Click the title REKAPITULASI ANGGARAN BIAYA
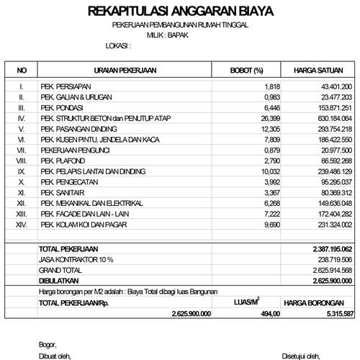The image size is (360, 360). (x=180, y=12)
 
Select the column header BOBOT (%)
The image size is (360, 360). (x=246, y=70)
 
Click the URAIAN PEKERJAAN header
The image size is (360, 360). (x=126, y=70)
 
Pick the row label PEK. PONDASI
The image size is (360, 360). (x=60, y=107)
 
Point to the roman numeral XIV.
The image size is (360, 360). (x=22, y=225)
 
